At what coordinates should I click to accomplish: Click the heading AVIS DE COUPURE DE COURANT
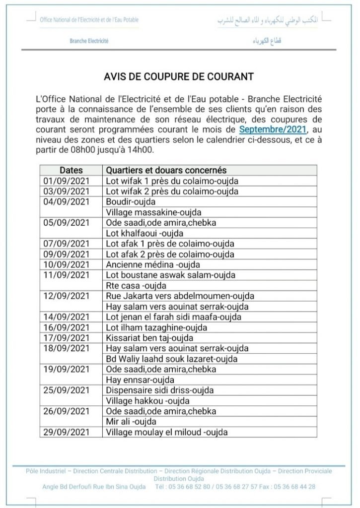point(179,77)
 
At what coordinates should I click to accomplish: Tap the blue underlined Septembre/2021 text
point(273,129)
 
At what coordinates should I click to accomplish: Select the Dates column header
point(71,171)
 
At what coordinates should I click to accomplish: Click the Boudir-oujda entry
point(131,202)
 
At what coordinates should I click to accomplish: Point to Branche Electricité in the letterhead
point(89,42)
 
